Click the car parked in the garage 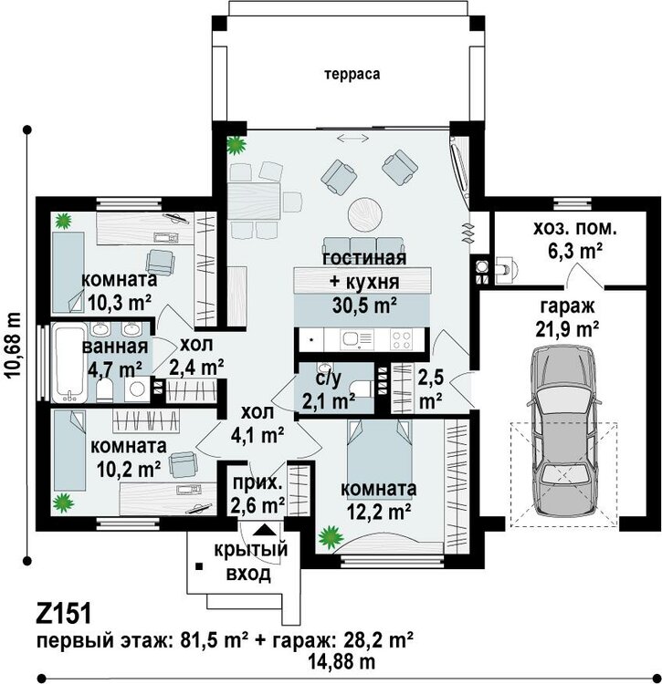click(x=563, y=430)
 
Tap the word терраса click(x=352, y=74)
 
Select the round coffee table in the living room click(x=365, y=214)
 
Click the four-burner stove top click(x=401, y=339)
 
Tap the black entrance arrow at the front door click(x=263, y=530)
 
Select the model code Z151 click(x=64, y=614)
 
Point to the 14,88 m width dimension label click(x=342, y=662)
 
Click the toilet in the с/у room click(x=362, y=388)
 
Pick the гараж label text click(x=568, y=306)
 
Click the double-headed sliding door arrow click(x=352, y=139)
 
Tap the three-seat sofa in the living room click(x=363, y=245)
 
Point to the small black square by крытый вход click(x=199, y=566)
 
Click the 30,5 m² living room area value click(x=364, y=306)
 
